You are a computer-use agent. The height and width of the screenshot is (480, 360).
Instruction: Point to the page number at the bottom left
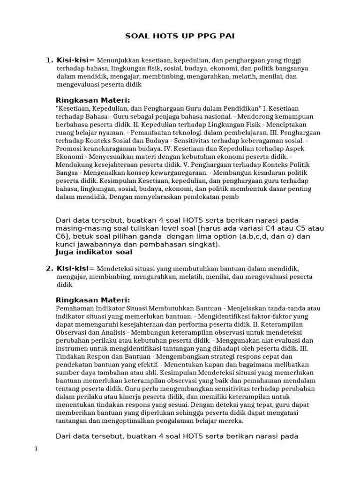click(36, 449)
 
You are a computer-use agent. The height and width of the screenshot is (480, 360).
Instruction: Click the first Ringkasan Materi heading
click(93, 100)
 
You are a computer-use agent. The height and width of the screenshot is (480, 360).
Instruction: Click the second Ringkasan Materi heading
click(93, 300)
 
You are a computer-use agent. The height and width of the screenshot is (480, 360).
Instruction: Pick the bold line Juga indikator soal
click(94, 252)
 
